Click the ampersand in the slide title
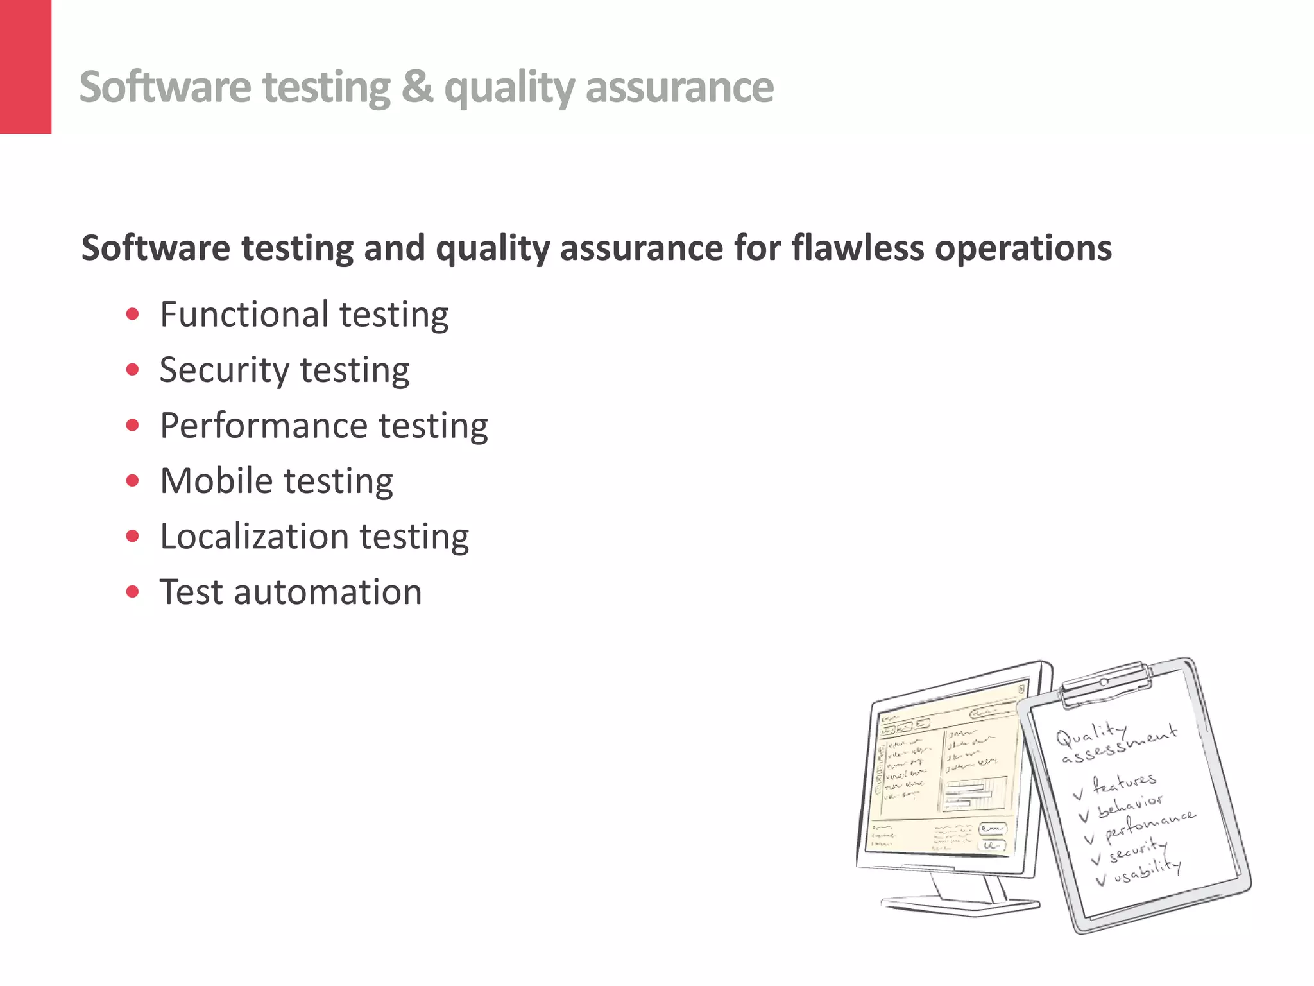417,87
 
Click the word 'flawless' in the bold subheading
856,248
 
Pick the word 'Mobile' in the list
217,481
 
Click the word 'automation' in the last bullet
328,592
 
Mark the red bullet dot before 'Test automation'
133,592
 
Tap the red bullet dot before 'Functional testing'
133,315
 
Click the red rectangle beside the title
26,67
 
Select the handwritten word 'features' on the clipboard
1124,782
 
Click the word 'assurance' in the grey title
679,87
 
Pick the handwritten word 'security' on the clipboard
1137,849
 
